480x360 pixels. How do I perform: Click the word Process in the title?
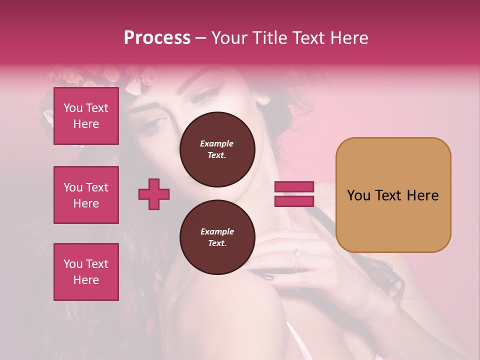pyautogui.click(x=157, y=38)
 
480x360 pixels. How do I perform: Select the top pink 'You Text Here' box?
pyautogui.click(x=86, y=116)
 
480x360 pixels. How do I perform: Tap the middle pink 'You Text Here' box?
pyautogui.click(x=86, y=195)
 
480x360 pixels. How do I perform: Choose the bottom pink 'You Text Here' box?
pyautogui.click(x=86, y=272)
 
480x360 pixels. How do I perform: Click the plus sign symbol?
pyautogui.click(x=154, y=194)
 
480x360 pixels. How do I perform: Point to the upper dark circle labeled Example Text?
pyautogui.click(x=217, y=149)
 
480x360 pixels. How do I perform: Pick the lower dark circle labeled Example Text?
pyautogui.click(x=217, y=237)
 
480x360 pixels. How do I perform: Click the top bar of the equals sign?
pyautogui.click(x=294, y=187)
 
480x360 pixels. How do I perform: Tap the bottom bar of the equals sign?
pyautogui.click(x=294, y=201)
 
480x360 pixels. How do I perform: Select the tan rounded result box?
pyautogui.click(x=393, y=194)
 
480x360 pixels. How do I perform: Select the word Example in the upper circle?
pyautogui.click(x=217, y=143)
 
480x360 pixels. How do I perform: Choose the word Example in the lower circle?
pyautogui.click(x=217, y=231)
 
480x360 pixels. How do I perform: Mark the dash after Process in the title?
pyautogui.click(x=201, y=38)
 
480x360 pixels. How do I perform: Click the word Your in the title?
pyautogui.click(x=229, y=38)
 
